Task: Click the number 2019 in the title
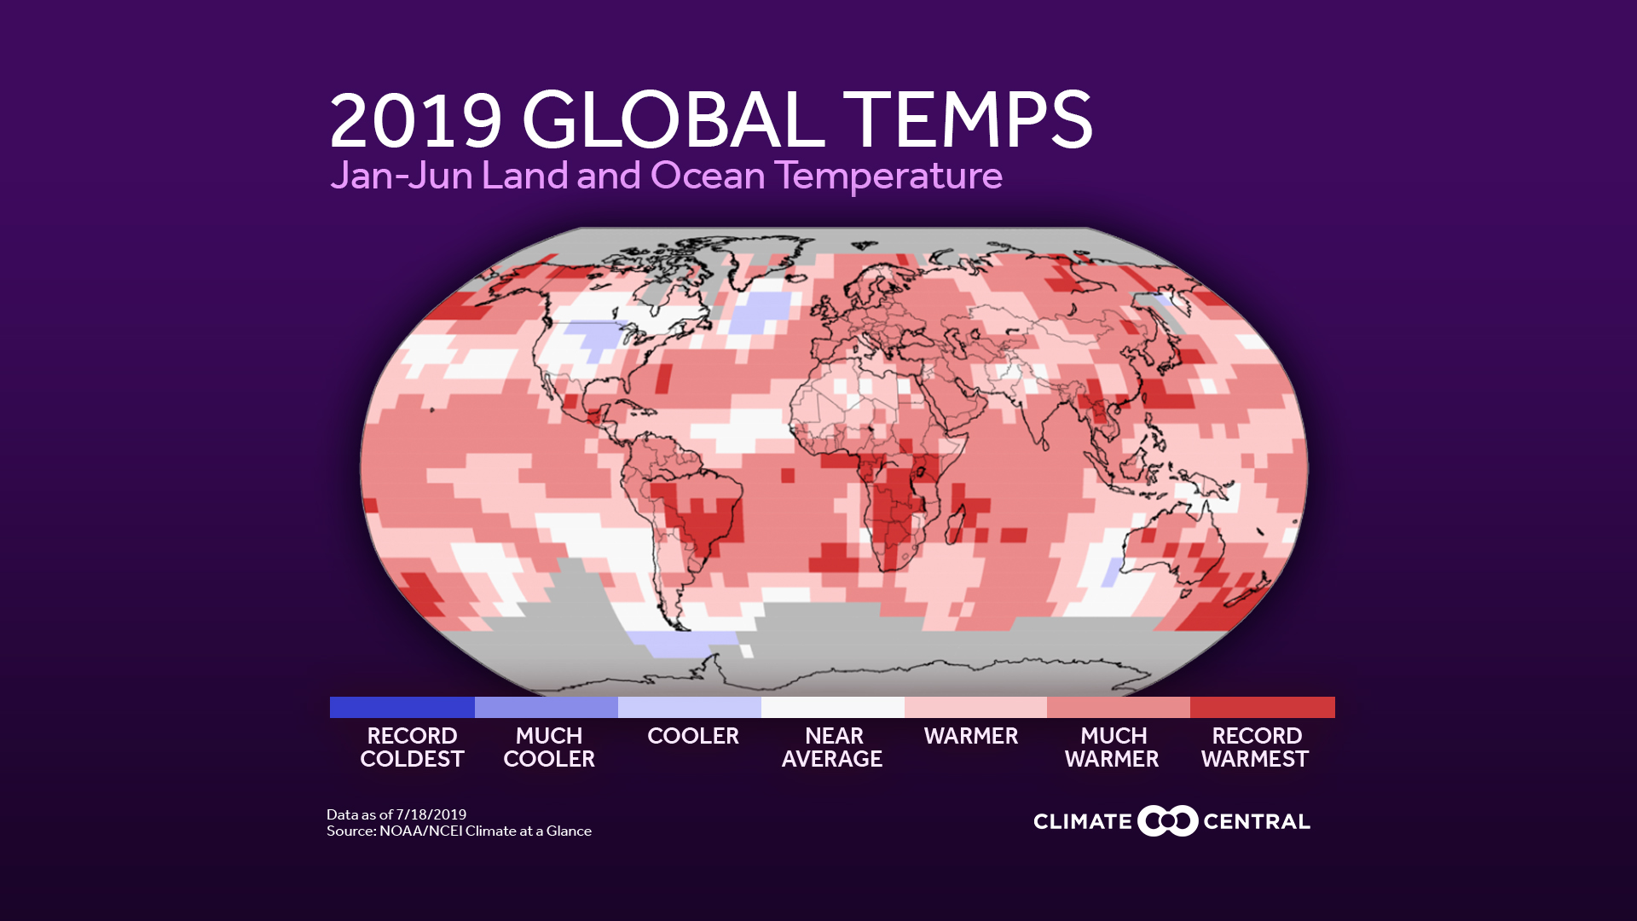(x=415, y=121)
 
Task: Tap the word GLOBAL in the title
(x=673, y=121)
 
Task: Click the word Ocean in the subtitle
(x=708, y=176)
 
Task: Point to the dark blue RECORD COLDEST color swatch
(x=402, y=707)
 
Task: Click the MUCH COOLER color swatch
(x=546, y=707)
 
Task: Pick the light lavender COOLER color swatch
(x=689, y=707)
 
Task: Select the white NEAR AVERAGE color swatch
(x=832, y=707)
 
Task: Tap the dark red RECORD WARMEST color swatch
(x=1262, y=707)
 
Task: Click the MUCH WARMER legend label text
(x=1112, y=747)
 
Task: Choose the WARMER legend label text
(x=970, y=736)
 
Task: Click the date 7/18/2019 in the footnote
(x=431, y=814)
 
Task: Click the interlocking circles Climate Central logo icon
(x=1167, y=821)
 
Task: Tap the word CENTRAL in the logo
(x=1256, y=822)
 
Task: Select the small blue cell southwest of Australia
(x=1112, y=572)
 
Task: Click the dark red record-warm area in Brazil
(x=703, y=520)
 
